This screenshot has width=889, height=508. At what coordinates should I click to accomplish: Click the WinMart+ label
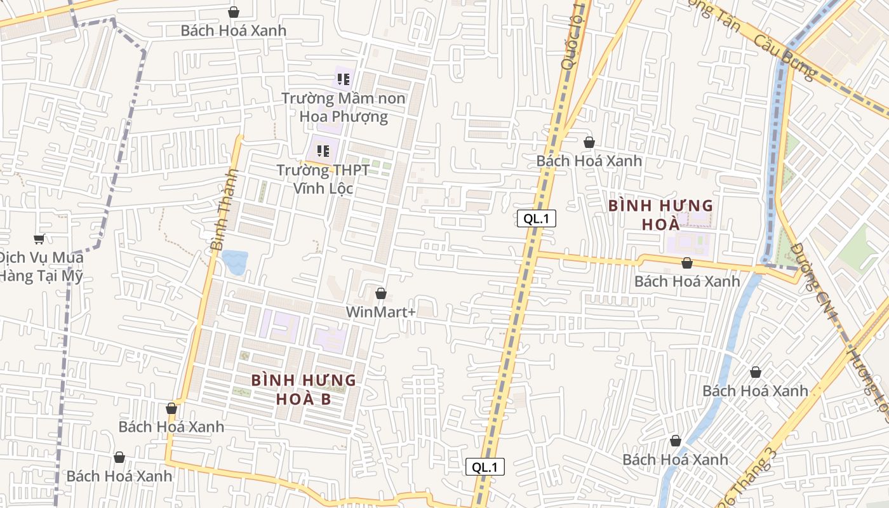coord(380,312)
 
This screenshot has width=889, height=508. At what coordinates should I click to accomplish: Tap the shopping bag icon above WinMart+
coord(381,293)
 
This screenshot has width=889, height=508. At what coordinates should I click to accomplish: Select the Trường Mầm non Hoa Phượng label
coord(344,107)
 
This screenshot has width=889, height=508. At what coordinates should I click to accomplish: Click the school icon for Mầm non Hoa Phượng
coord(344,79)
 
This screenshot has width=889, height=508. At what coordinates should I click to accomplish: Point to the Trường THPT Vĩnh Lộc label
coord(323,180)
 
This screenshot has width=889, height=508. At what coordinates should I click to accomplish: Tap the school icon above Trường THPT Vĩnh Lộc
coord(323,151)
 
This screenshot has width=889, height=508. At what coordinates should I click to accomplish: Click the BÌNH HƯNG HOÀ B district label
coord(304,389)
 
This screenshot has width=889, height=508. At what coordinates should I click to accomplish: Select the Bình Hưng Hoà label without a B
coord(660,215)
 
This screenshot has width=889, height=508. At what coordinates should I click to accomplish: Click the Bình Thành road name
coord(224,209)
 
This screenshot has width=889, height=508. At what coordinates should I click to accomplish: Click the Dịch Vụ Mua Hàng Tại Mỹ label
coord(41,267)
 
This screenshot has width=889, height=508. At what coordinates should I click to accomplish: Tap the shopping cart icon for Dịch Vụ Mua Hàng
coord(39,239)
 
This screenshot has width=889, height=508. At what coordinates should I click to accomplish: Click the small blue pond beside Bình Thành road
coord(235,262)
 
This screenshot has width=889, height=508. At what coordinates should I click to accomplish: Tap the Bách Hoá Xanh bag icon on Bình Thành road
coord(171,408)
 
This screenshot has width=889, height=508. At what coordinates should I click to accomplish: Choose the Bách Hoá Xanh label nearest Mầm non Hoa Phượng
coord(233,30)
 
